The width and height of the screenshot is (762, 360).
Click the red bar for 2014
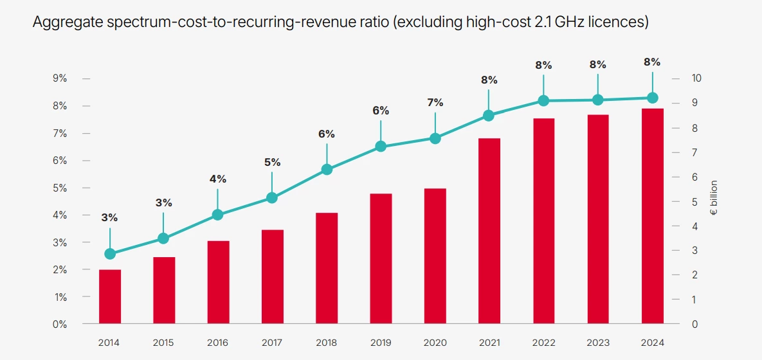pyautogui.click(x=110, y=296)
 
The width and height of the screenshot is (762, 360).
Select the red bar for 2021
pyautogui.click(x=489, y=231)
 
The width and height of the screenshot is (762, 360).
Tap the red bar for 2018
pyautogui.click(x=327, y=268)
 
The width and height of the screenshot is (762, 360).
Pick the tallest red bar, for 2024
pyautogui.click(x=652, y=216)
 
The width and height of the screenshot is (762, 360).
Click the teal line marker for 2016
pyautogui.click(x=217, y=215)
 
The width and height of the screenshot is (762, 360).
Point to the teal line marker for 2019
pyautogui.click(x=381, y=147)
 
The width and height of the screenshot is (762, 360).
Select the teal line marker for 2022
pyautogui.click(x=543, y=100)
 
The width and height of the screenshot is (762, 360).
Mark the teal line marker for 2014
pyautogui.click(x=110, y=254)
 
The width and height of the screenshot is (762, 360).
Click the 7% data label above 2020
pyautogui.click(x=435, y=102)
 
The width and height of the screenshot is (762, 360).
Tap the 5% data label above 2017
pyautogui.click(x=272, y=162)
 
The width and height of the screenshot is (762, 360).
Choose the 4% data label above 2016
pyautogui.click(x=217, y=179)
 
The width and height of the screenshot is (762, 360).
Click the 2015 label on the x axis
pyautogui.click(x=163, y=343)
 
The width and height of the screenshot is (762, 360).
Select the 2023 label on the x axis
pyautogui.click(x=598, y=343)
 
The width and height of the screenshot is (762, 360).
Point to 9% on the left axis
pyautogui.click(x=60, y=78)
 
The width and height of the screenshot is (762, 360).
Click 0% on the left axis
pyautogui.click(x=60, y=324)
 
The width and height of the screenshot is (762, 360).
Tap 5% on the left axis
pyautogui.click(x=60, y=188)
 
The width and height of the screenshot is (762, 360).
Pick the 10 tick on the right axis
pyautogui.click(x=696, y=78)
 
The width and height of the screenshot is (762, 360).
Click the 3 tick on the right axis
pyautogui.click(x=694, y=251)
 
